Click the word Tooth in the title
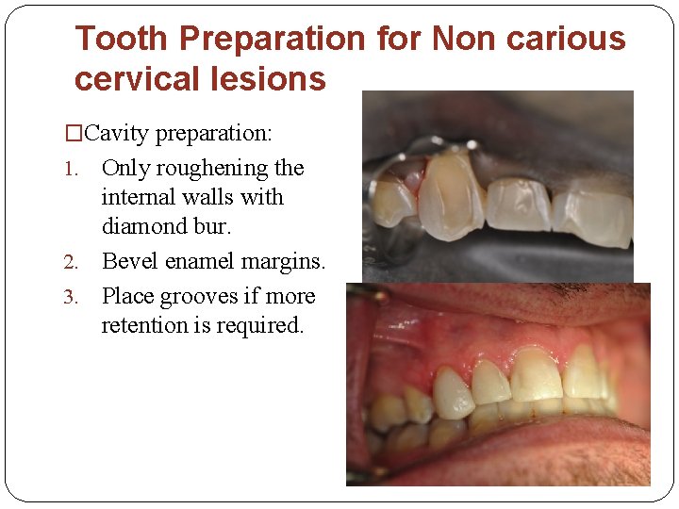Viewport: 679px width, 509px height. pos(123,40)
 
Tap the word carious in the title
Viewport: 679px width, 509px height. pos(568,40)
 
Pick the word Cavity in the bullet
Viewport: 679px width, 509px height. pos(118,134)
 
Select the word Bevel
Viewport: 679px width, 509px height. pos(128,261)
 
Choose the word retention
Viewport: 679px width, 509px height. pos(141,326)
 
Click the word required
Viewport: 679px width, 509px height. pos(264,326)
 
